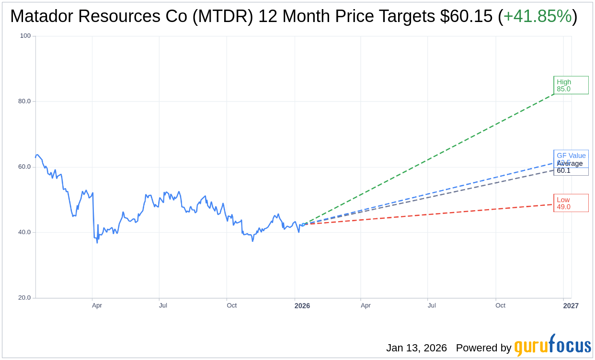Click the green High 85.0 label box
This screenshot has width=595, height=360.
pos(571,85)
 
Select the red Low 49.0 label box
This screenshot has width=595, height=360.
pos(571,203)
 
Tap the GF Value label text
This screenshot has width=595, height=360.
pos(571,156)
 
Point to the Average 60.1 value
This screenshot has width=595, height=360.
pos(563,170)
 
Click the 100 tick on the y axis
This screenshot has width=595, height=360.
pos(25,36)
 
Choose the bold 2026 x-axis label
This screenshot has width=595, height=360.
pos(302,305)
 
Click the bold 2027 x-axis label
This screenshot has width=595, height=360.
pos(571,305)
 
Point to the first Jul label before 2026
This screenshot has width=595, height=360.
pos(163,305)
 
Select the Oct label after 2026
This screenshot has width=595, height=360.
pos(500,305)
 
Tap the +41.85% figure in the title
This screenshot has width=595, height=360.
pos(538,17)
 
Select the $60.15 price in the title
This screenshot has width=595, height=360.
pos(466,17)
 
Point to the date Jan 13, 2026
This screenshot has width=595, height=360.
pos(416,348)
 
